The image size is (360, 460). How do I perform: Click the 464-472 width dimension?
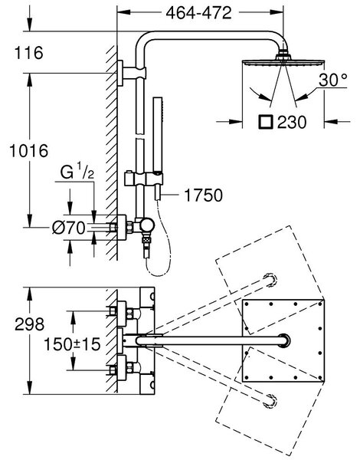click(198, 12)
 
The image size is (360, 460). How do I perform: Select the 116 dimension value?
click(29, 53)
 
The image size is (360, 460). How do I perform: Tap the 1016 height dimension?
click(29, 151)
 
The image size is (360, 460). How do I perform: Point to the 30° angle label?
click(333, 80)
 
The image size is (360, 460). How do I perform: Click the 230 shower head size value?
click(292, 122)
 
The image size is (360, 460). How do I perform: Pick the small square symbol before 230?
click(266, 122)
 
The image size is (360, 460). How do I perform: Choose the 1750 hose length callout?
click(204, 195)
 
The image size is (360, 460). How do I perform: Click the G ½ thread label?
click(77, 172)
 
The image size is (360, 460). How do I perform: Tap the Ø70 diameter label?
click(69, 228)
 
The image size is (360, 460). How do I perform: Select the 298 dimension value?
click(30, 324)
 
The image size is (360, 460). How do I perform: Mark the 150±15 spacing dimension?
click(72, 344)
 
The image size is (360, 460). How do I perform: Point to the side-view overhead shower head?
click(283, 61)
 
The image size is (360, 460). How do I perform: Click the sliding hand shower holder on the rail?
click(144, 179)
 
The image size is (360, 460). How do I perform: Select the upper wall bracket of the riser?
click(131, 73)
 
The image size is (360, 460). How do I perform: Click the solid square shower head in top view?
click(283, 340)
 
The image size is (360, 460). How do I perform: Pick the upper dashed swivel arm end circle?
click(270, 281)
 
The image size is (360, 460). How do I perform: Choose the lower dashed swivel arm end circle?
click(270, 401)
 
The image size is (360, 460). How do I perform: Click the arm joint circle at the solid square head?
click(283, 340)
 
